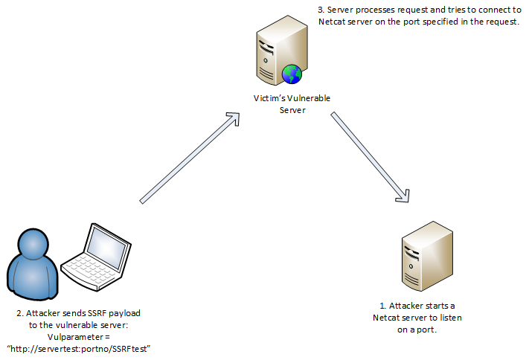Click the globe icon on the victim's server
coord(291,73)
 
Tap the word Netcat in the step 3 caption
coord(333,23)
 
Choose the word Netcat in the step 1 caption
coord(388,318)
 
